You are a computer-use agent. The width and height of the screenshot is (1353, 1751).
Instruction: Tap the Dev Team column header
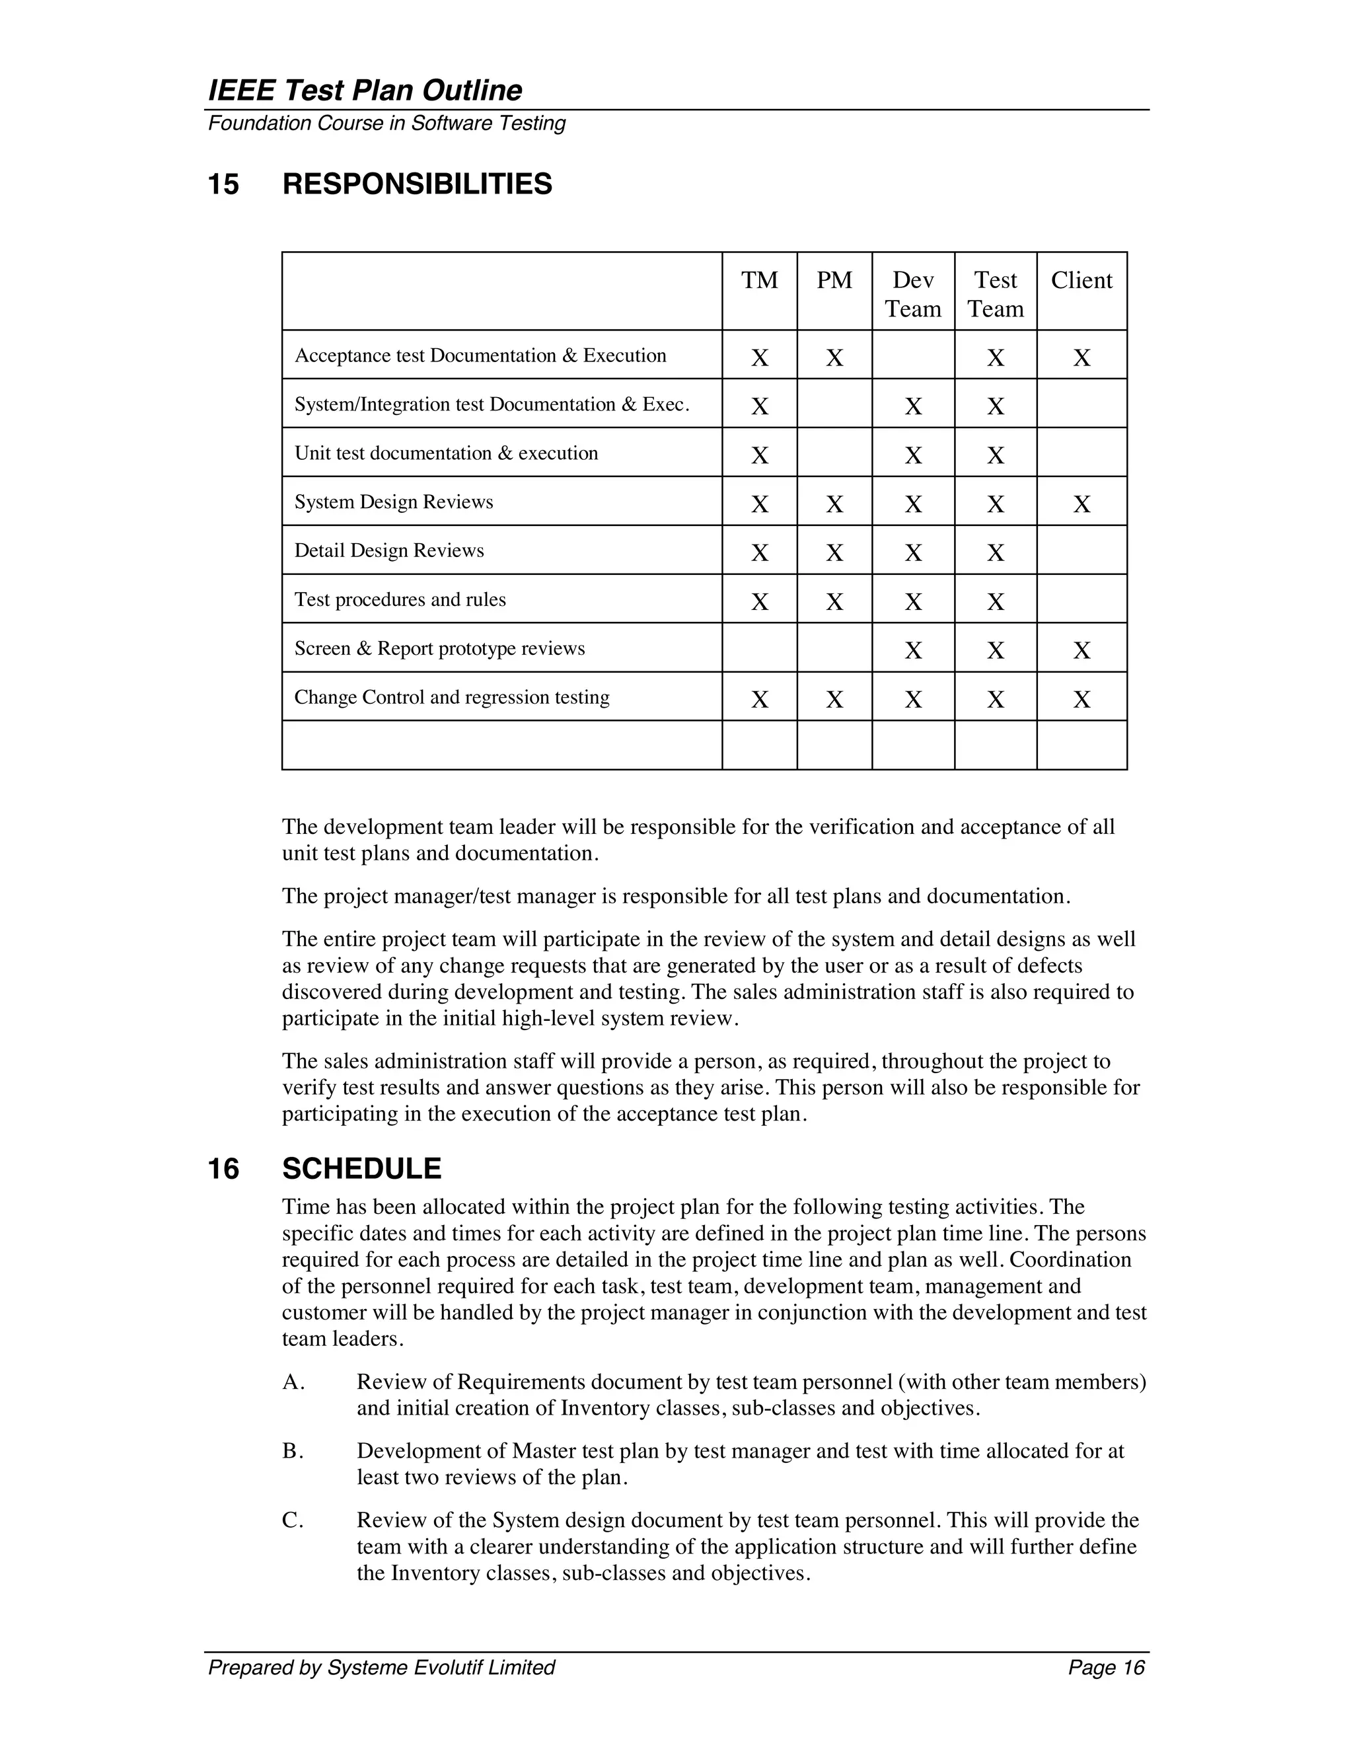point(913,294)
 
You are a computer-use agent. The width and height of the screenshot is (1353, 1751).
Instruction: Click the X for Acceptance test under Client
point(1081,357)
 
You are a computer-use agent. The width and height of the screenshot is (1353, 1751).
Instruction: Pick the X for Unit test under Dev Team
point(913,455)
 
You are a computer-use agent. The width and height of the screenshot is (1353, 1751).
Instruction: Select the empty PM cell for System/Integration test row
point(834,403)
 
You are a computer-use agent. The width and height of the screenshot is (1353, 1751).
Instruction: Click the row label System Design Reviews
point(394,502)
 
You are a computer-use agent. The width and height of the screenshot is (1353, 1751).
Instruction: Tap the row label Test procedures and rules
point(400,600)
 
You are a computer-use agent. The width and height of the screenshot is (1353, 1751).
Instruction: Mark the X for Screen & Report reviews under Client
point(1081,650)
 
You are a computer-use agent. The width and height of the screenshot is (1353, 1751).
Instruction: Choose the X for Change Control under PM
point(834,700)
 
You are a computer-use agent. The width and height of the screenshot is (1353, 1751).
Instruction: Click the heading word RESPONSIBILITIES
point(417,184)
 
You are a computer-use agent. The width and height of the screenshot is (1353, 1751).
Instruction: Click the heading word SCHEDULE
point(361,1169)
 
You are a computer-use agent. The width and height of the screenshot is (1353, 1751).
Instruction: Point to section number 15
point(224,184)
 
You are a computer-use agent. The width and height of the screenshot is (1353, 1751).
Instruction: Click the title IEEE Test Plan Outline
point(365,91)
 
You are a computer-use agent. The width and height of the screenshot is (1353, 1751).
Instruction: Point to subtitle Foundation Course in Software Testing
point(386,124)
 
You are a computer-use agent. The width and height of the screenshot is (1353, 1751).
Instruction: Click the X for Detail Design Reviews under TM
point(759,553)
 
